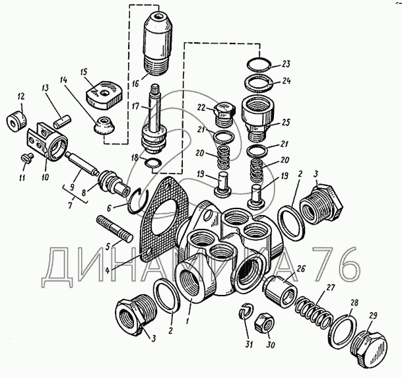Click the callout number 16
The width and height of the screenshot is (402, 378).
tap(135, 83)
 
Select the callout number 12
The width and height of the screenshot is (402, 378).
tap(21, 96)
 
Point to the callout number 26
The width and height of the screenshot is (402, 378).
tap(301, 269)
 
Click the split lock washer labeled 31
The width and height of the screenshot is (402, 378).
tap(246, 311)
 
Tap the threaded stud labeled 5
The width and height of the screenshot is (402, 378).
tap(114, 229)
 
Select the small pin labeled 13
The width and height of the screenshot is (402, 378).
tap(62, 121)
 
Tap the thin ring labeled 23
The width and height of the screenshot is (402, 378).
tap(259, 63)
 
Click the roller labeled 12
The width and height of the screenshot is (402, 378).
tap(17, 121)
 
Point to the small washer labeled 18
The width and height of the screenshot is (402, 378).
tap(153, 163)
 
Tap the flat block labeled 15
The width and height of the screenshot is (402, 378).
tap(104, 96)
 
